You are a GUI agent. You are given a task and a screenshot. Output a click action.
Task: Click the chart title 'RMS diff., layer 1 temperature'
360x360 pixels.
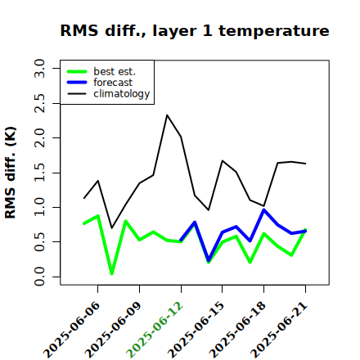point(195,30)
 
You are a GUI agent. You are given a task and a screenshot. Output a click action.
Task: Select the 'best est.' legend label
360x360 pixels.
point(115,71)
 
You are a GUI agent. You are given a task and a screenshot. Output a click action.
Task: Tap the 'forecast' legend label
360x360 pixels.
point(113,83)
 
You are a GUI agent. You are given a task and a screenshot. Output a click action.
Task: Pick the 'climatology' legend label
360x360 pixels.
point(122,94)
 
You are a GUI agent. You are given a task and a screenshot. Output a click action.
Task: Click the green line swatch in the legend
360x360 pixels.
point(77,71)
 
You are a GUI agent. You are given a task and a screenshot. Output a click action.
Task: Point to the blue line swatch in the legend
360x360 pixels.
point(77,83)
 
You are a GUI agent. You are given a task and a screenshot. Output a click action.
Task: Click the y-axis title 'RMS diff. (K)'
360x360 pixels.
point(11,173)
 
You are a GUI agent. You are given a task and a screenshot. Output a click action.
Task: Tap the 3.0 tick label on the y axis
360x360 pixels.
point(39,68)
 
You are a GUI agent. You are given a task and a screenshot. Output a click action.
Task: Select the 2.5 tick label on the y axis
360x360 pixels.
point(39,103)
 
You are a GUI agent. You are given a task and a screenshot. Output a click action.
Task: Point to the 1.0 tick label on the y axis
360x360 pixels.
point(39,207)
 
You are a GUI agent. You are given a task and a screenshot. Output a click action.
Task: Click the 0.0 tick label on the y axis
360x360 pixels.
point(39,277)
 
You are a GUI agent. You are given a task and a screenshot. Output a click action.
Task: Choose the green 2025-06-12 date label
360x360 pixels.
point(155,330)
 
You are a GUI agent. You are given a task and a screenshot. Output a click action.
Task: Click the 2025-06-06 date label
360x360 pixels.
point(71,330)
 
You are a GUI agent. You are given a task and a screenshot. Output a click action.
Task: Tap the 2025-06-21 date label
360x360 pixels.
point(279,330)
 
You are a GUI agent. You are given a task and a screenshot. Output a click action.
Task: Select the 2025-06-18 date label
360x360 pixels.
point(237,330)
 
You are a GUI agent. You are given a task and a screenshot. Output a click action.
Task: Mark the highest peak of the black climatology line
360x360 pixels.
point(167,115)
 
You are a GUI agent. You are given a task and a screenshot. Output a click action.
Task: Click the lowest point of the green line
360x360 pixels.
point(112,273)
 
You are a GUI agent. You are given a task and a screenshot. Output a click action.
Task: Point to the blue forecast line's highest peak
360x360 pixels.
point(263,209)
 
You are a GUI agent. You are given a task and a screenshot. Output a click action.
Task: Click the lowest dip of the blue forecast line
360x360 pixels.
point(209,260)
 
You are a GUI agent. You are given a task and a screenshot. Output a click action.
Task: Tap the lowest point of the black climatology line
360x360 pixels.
point(112,228)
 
